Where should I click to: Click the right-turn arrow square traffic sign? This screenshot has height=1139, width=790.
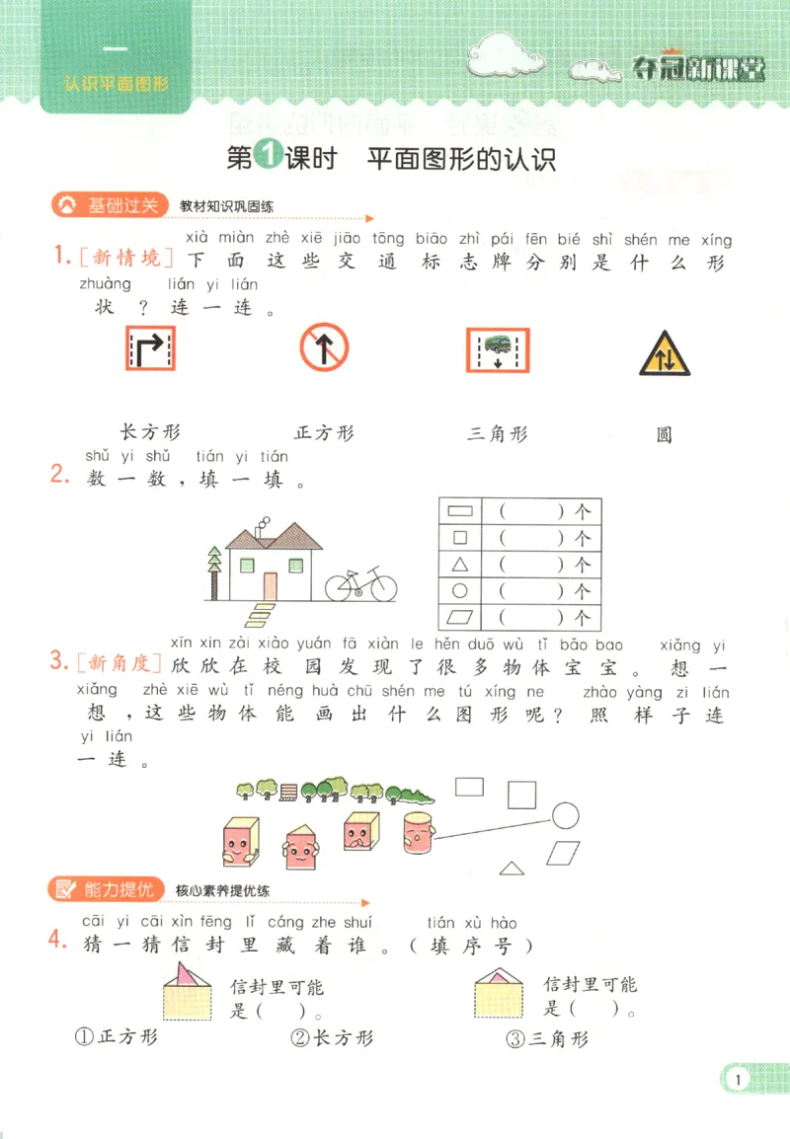click(x=150, y=349)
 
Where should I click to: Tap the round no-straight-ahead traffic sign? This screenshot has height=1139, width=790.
click(x=324, y=348)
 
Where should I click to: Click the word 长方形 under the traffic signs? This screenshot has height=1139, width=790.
click(x=150, y=432)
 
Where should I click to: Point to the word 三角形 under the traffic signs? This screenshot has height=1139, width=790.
click(x=498, y=433)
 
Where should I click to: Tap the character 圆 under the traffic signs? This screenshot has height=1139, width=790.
click(x=665, y=435)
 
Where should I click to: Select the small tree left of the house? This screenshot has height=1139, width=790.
click(x=214, y=573)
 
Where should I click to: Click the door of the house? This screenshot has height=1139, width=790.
click(x=271, y=584)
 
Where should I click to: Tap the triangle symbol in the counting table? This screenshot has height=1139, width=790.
click(x=459, y=566)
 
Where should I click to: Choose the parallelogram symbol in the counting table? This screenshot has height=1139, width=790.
click(x=459, y=619)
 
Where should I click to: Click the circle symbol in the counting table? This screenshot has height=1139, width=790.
click(x=459, y=592)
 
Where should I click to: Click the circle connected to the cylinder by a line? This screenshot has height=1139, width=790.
click(x=565, y=814)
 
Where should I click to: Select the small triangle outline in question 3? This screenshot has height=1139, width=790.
click(x=511, y=868)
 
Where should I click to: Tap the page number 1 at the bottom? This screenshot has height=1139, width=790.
click(x=738, y=1079)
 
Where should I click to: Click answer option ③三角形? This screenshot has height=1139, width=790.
click(x=546, y=1038)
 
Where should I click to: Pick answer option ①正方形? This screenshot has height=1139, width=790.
click(x=117, y=1037)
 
